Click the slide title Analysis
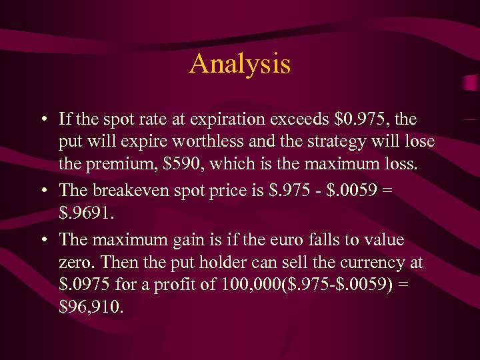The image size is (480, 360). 240,64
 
